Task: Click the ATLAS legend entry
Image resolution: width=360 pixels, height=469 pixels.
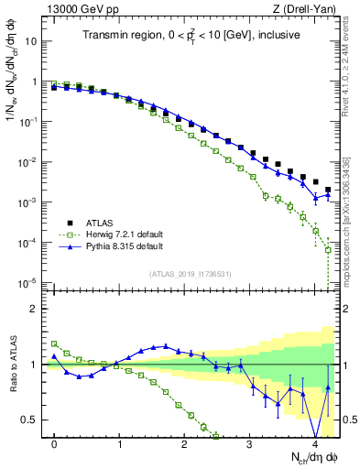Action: (x=98, y=223)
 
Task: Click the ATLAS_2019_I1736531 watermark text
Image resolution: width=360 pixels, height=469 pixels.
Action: (x=191, y=274)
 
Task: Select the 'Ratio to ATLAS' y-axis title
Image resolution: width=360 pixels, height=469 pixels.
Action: (x=12, y=364)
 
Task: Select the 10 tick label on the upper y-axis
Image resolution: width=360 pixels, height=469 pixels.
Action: (x=31, y=41)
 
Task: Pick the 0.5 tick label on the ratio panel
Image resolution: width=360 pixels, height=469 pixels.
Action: (x=29, y=420)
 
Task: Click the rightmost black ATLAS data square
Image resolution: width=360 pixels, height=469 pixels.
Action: (x=328, y=190)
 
